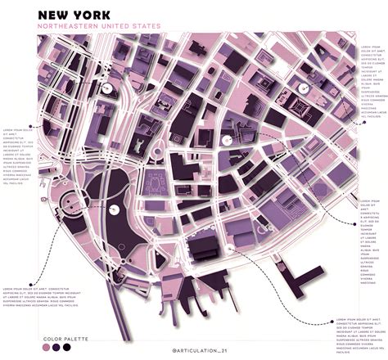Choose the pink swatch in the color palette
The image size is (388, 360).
45,347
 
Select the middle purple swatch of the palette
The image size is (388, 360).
56,347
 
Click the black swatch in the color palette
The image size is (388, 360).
66,347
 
